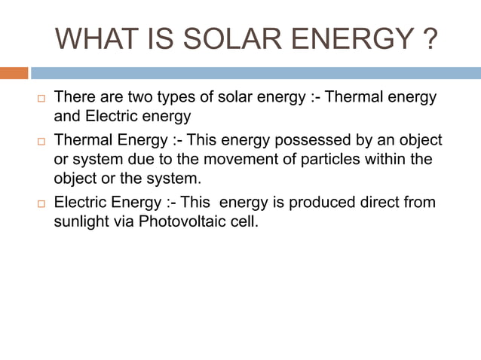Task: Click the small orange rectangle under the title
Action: tap(14, 73)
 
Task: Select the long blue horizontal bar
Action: tap(256, 73)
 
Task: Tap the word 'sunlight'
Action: tap(81, 223)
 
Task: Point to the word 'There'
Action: tap(74, 98)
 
